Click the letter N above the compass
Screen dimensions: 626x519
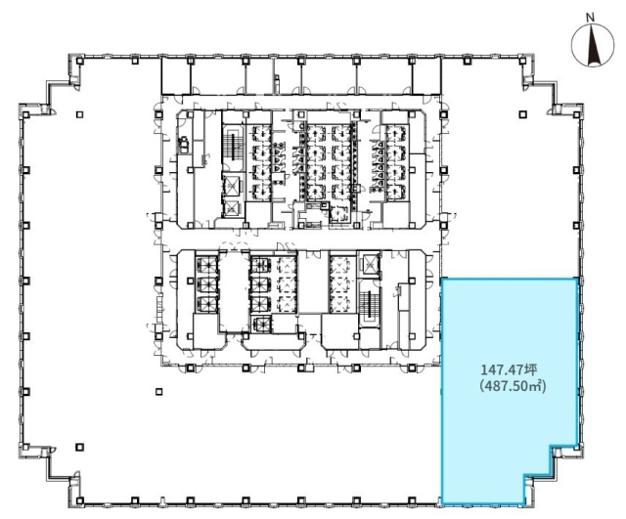(x=590, y=18)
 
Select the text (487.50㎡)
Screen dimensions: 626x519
(x=513, y=386)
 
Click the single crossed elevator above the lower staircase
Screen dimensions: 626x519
(x=370, y=264)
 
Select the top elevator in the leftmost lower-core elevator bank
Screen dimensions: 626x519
(x=206, y=265)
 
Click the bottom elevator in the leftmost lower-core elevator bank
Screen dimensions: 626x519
(x=206, y=304)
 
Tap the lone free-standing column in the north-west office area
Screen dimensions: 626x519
(x=80, y=115)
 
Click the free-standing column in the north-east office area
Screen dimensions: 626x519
(x=523, y=115)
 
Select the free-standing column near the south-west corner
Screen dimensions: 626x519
(x=80, y=448)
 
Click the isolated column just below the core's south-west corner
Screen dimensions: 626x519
(x=158, y=392)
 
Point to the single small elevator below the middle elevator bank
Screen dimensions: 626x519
(x=261, y=324)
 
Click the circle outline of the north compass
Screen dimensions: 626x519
(x=571, y=46)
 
